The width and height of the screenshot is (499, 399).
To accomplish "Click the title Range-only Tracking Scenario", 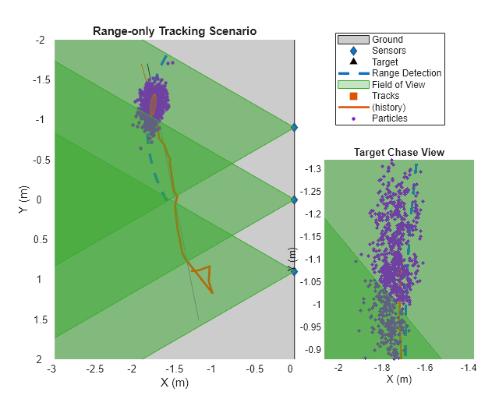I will [175, 32].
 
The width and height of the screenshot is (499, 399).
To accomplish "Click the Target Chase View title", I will [399, 153].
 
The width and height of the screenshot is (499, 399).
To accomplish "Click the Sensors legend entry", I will [388, 51].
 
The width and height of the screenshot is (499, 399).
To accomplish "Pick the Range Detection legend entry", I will [406, 73].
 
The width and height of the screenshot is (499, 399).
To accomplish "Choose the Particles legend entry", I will [390, 118].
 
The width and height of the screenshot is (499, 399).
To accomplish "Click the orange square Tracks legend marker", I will [353, 96].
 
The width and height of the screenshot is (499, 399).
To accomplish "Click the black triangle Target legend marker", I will [353, 62].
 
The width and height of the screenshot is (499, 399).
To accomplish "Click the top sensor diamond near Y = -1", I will [294, 127].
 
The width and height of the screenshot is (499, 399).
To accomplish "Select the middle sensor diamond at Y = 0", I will [294, 199].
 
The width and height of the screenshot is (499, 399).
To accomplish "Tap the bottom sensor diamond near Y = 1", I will [294, 271].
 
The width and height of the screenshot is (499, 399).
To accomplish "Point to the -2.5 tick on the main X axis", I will [94, 367].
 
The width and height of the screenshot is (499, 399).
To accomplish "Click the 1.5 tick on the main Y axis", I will [41, 320].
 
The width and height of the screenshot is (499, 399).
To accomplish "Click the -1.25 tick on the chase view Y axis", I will [312, 191].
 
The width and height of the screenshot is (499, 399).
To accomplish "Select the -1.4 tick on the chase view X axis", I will [468, 367].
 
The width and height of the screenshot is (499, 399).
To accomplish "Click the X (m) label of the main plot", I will [175, 382].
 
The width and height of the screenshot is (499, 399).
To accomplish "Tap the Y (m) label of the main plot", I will [26, 199].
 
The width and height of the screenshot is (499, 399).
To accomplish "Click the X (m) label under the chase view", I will [399, 380].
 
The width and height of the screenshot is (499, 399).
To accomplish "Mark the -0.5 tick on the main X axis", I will [254, 367].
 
